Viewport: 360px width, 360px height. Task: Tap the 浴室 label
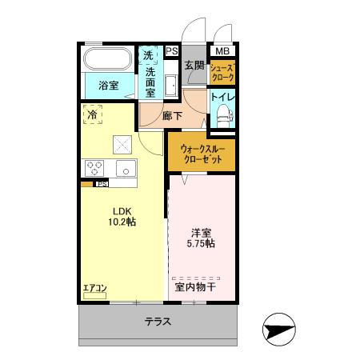tap(109, 85)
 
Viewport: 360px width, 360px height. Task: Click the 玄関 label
tap(194, 66)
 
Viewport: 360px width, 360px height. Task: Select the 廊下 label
tap(172, 116)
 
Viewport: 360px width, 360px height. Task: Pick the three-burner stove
tap(94, 168)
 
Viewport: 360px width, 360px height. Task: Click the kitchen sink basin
tap(126, 168)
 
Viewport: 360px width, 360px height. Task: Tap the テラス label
tap(158, 322)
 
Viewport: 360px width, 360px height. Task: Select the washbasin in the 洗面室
tap(171, 86)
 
